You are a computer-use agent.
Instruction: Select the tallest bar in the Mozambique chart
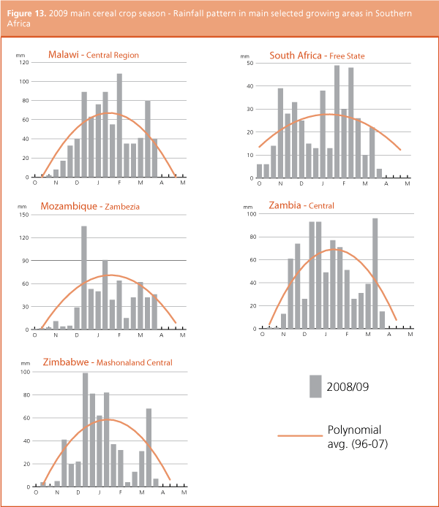84,278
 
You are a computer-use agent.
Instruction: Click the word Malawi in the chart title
64,55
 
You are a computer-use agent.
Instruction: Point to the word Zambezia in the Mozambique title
122,207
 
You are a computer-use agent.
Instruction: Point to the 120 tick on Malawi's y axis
24,61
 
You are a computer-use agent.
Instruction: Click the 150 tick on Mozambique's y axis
23,215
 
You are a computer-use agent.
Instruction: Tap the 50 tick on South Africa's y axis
250,64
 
